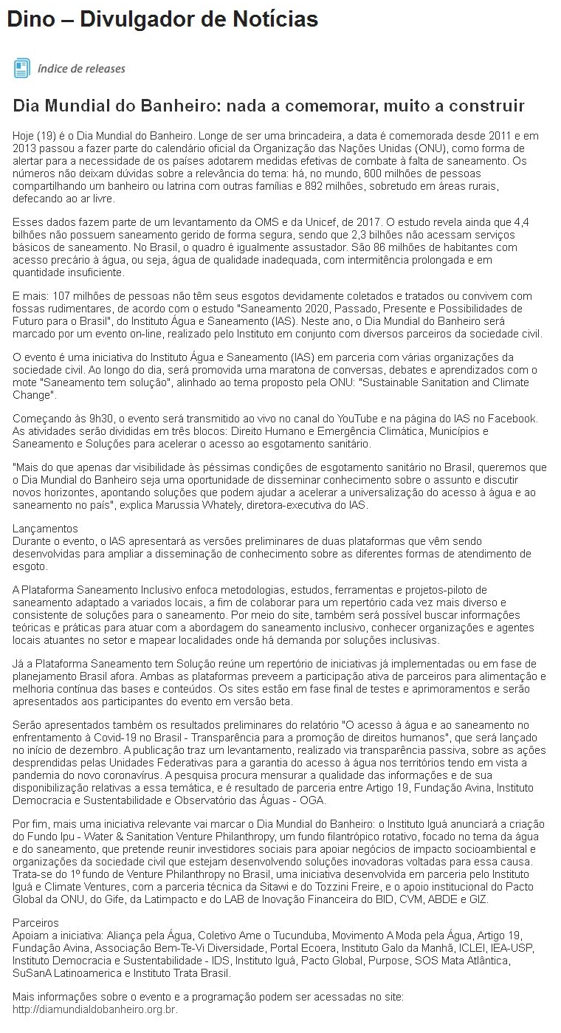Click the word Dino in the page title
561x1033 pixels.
point(30,19)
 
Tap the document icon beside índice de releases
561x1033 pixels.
point(21,69)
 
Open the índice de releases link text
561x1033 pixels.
point(81,69)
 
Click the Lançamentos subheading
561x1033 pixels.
point(44,529)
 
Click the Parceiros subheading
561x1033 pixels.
point(36,923)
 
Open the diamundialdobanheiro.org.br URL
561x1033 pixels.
point(94,1009)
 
